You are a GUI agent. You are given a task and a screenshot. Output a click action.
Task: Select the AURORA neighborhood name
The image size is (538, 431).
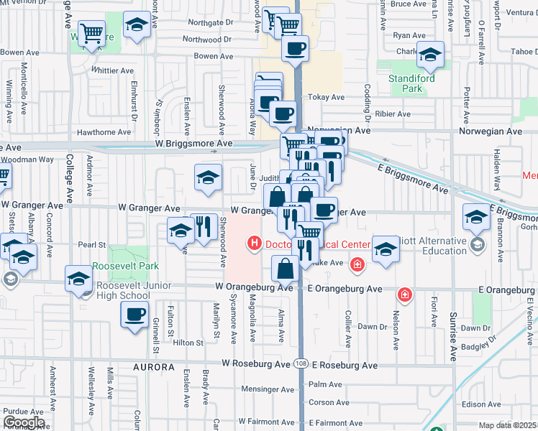point(153,367)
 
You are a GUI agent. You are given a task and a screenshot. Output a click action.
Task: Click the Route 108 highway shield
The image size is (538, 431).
point(301,365)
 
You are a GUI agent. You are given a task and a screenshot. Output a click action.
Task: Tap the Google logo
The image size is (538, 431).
point(24,422)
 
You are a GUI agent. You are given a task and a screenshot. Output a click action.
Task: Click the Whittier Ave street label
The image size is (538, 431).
point(113,70)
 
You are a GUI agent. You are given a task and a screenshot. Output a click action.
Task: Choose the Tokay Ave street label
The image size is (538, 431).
point(326,98)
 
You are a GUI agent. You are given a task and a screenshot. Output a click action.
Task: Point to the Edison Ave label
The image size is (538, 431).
point(481,404)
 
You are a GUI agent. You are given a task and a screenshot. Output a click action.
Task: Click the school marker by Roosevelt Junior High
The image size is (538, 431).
point(78,279)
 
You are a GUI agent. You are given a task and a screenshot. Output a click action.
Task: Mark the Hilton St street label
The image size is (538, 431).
point(188,343)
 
